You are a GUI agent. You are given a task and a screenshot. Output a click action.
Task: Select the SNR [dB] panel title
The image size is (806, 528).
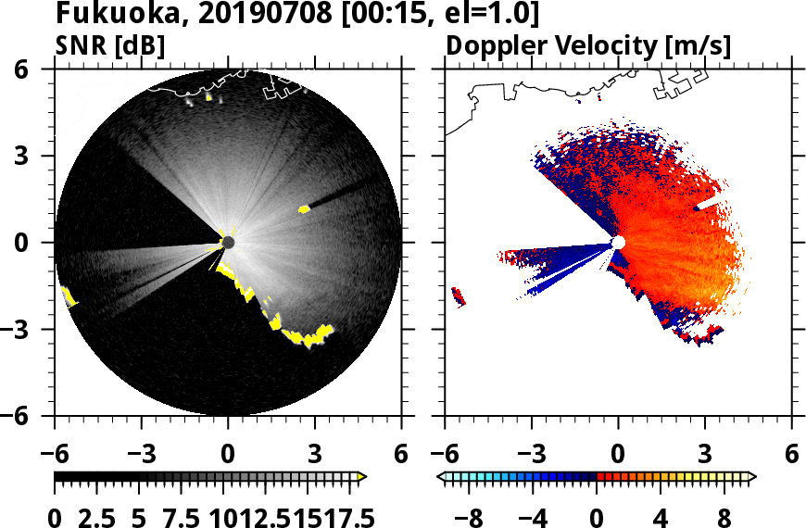111,45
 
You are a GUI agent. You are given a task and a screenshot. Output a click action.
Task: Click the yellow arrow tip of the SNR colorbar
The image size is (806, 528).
362,476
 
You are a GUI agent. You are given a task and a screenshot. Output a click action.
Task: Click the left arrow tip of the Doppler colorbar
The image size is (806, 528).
441,476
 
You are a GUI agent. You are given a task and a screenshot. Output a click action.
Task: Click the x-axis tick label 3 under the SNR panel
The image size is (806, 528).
315,455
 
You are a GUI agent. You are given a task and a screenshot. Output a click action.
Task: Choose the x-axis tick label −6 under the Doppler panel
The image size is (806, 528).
447,455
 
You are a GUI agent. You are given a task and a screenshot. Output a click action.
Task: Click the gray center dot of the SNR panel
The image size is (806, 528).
228,243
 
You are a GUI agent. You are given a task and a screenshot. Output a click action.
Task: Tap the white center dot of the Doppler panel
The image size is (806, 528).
619,243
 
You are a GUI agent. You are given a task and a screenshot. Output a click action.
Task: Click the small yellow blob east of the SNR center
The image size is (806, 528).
304,209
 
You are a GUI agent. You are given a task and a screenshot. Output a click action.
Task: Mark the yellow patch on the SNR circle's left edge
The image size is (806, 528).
68,296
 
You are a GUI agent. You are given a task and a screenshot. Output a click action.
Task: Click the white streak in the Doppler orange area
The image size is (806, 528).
708,202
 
